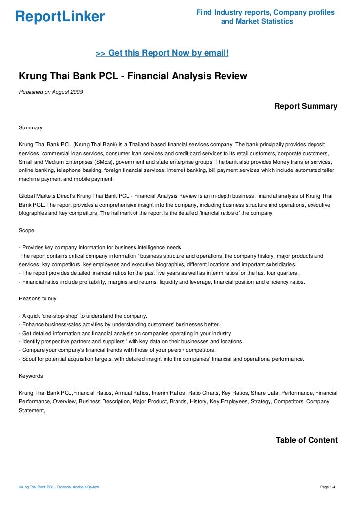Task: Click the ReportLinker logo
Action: pos(60,17)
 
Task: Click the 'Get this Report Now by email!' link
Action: pos(162,52)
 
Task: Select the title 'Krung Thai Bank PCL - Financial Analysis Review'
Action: pos(133,76)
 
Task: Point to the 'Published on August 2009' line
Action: pos(51,91)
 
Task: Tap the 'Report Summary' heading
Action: pos(306,106)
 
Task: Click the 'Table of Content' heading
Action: pos(307,440)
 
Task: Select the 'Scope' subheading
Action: pos(27,230)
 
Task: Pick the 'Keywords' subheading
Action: pos(31,376)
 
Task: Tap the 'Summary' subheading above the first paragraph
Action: pos(31,127)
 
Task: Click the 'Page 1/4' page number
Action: pos(328,487)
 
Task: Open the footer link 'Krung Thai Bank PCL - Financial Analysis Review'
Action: pos(59,487)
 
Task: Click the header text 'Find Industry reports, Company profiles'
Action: pos(266,12)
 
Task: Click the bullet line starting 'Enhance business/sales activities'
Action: pos(119,324)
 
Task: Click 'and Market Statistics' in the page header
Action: pos(257,22)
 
